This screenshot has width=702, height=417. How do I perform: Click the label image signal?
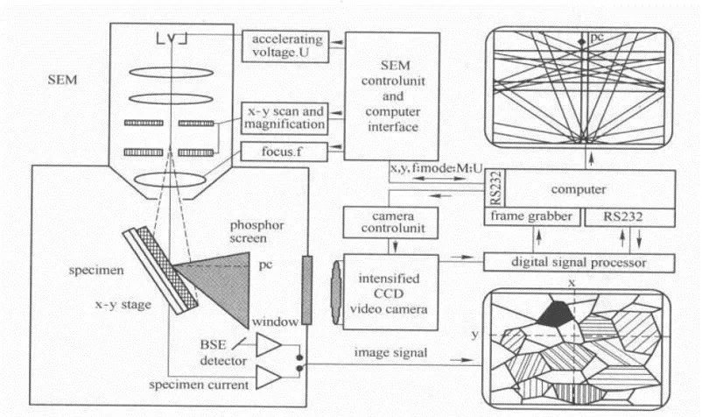(391, 352)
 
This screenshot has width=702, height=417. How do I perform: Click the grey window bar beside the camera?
(305, 289)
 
